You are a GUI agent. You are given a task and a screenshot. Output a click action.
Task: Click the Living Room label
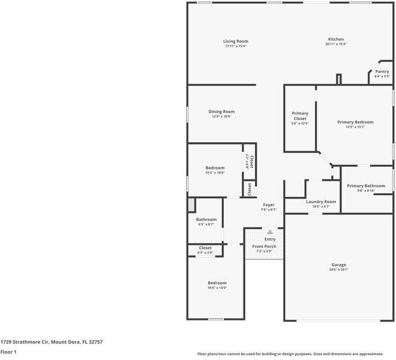(236, 41)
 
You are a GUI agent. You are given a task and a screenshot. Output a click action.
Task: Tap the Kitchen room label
(335, 40)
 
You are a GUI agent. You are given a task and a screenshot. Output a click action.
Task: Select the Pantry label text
(382, 71)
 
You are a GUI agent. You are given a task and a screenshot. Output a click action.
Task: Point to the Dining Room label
(221, 112)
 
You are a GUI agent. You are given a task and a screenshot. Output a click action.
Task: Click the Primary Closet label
(300, 116)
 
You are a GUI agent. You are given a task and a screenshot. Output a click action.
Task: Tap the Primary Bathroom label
(365, 186)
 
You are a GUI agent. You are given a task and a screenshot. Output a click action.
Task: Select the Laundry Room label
(321, 202)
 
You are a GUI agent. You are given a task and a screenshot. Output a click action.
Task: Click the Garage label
(338, 265)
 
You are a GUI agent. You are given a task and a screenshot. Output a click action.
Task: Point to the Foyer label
(268, 205)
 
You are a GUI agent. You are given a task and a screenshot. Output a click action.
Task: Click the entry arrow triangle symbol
(270, 232)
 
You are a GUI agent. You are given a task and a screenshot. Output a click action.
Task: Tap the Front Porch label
(264, 247)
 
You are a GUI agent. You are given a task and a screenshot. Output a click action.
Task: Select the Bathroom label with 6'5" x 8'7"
(206, 220)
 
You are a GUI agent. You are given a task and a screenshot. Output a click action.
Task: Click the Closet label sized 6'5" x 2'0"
(205, 248)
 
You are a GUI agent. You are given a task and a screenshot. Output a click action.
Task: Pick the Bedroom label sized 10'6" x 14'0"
(217, 283)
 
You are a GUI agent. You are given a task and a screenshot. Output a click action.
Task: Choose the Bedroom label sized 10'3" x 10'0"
(215, 168)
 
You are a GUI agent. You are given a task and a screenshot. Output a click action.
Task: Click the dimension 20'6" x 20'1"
(338, 269)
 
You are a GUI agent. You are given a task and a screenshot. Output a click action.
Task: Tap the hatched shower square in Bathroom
(192, 205)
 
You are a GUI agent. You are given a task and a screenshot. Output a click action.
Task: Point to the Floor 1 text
(8, 352)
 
